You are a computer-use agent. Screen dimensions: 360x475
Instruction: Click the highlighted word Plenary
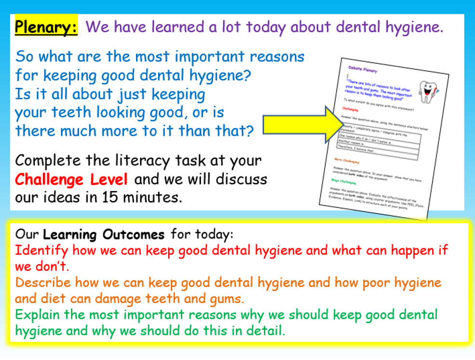pos(46,27)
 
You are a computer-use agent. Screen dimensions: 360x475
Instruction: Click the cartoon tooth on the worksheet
pos(426,91)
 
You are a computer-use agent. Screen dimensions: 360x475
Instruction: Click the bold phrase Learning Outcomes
pos(104,235)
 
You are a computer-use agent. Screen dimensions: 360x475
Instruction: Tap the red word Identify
pos(41,250)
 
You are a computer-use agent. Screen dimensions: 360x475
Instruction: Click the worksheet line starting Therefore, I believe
pos(357,150)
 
